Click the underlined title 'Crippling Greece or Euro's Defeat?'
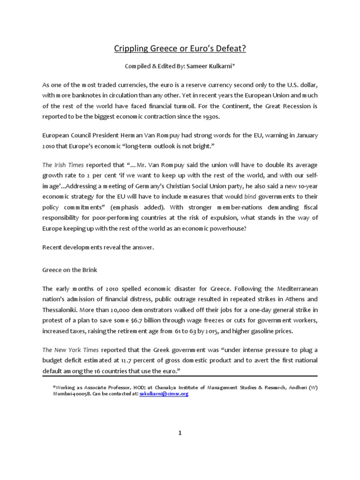[180, 48]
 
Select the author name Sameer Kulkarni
[207, 67]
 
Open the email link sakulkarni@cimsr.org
[164, 394]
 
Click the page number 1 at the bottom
[180, 433]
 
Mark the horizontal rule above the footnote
[180, 376]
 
